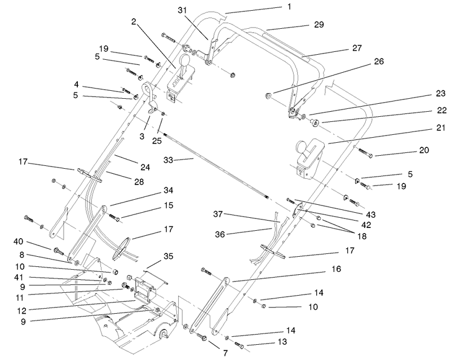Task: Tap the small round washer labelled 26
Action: (269, 95)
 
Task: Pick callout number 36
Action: (223, 232)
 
